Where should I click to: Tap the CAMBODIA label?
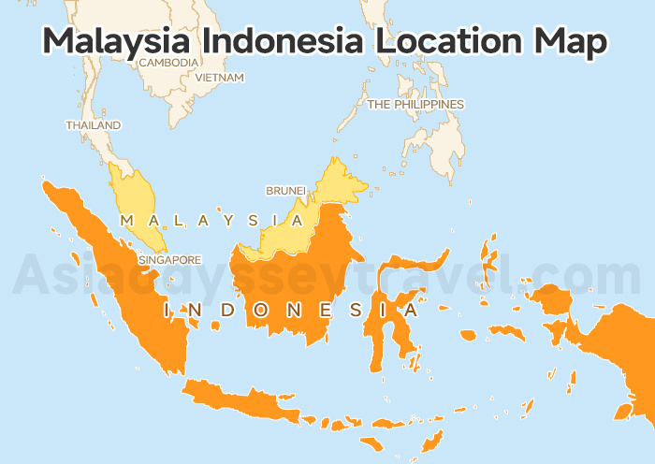pos(168,63)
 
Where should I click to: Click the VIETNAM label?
pos(220,78)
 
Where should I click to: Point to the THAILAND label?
pos(93,124)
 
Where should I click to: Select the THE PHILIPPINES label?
pos(415,105)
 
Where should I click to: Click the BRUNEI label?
pos(285,191)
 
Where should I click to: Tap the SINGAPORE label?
pos(169,259)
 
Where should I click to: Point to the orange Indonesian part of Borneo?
pos(299,281)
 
